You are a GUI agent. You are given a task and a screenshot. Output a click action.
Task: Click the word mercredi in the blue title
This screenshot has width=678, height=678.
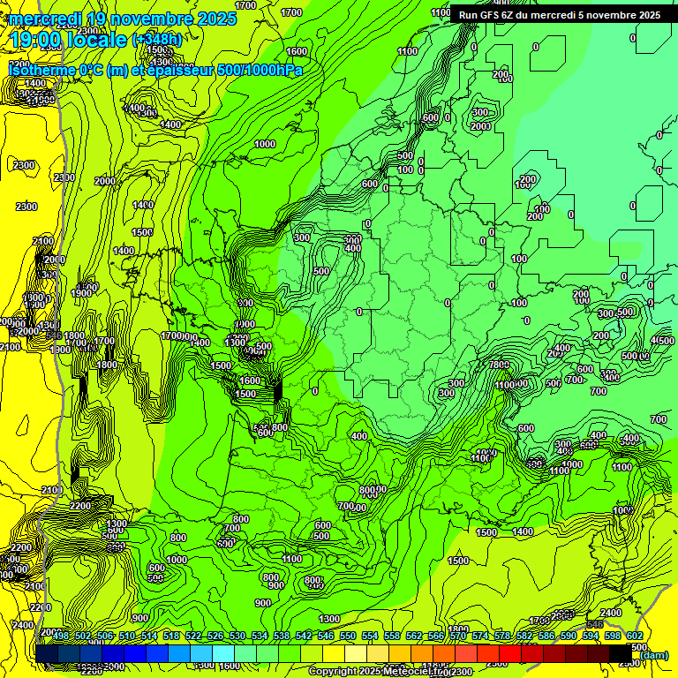[44, 19]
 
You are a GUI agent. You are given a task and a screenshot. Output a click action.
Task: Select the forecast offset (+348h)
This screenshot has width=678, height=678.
[156, 40]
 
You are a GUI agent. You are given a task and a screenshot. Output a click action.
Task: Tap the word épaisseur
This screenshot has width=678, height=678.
[182, 70]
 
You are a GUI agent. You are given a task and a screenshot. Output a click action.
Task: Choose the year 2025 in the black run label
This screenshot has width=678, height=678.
[645, 15]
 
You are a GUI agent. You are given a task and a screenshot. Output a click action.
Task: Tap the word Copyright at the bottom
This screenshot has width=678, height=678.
[335, 672]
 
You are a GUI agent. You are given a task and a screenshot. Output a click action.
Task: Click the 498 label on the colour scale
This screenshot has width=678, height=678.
[61, 636]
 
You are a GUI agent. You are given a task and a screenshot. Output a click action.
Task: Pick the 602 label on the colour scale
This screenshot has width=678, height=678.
[635, 636]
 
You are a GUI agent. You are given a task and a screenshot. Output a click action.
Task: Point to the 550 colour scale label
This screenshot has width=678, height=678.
[348, 636]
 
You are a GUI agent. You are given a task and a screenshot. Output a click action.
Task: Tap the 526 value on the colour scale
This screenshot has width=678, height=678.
[215, 636]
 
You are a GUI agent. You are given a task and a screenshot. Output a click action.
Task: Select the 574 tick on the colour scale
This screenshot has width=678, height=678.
[480, 636]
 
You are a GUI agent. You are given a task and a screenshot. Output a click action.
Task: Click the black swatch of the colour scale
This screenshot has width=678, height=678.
[621, 653]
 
